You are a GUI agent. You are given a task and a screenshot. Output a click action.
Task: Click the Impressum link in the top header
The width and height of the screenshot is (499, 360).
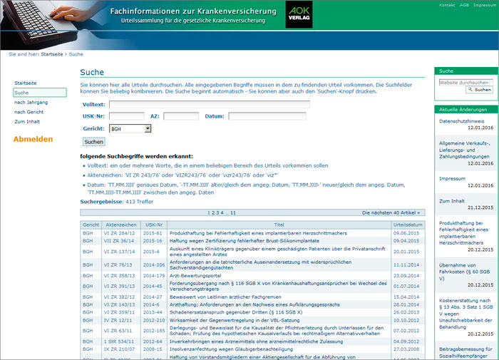coord(485,5)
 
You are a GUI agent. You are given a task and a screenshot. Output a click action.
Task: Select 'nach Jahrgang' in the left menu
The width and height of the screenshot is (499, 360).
coord(31,102)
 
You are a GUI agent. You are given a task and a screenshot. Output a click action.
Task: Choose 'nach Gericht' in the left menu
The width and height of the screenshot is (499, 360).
coord(29,112)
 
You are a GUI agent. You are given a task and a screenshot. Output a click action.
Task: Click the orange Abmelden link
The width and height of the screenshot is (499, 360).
coord(33,138)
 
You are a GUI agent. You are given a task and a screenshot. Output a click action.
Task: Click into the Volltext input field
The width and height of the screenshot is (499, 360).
coord(209,104)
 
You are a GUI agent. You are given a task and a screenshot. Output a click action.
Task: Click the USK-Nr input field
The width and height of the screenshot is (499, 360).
coord(127,116)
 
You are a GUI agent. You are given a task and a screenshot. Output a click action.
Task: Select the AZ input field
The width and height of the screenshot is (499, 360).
coord(181,116)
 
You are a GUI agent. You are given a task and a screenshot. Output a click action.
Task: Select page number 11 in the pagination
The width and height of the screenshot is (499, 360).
coord(233,212)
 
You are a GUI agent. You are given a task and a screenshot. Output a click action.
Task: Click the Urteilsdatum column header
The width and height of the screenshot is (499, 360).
coord(408,225)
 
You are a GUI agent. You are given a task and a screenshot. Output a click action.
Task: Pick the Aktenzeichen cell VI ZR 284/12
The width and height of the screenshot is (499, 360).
coord(119,233)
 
